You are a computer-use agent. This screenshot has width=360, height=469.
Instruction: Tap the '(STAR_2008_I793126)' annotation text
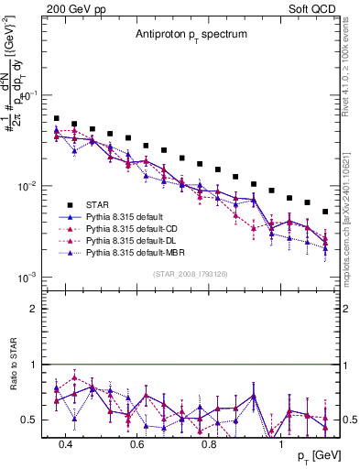point(189,271)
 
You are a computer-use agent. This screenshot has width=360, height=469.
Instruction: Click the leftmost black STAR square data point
point(57,118)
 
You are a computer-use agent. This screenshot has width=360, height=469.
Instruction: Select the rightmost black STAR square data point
point(325,212)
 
